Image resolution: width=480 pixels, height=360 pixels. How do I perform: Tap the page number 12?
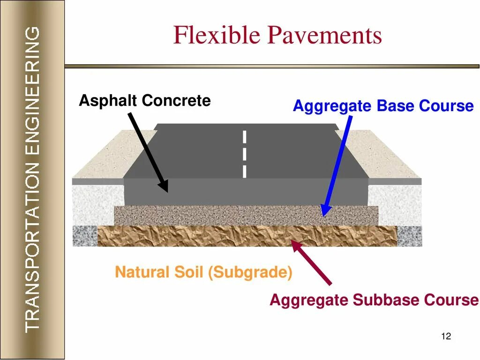click(446, 336)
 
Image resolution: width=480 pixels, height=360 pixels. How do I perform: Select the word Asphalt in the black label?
click(108, 100)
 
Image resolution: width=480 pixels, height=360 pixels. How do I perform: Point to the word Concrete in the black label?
click(176, 100)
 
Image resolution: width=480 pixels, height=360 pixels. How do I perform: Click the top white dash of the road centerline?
click(244, 137)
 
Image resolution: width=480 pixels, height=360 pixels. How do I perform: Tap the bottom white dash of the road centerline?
click(244, 171)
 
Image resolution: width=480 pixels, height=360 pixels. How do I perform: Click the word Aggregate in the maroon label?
click(309, 300)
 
